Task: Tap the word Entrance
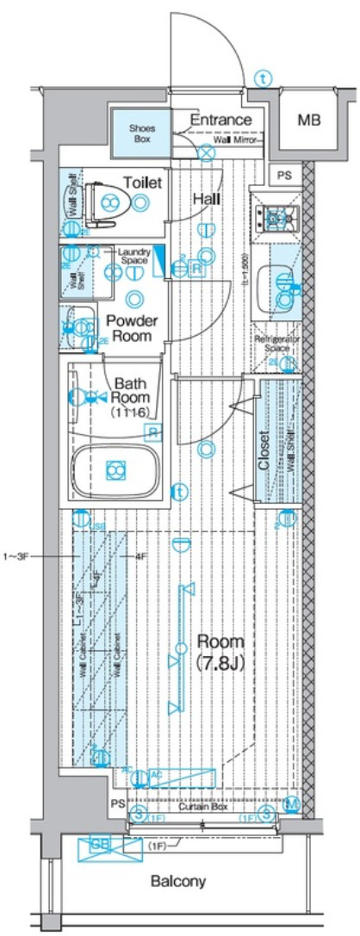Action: (220, 119)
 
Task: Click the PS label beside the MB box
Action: (285, 175)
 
